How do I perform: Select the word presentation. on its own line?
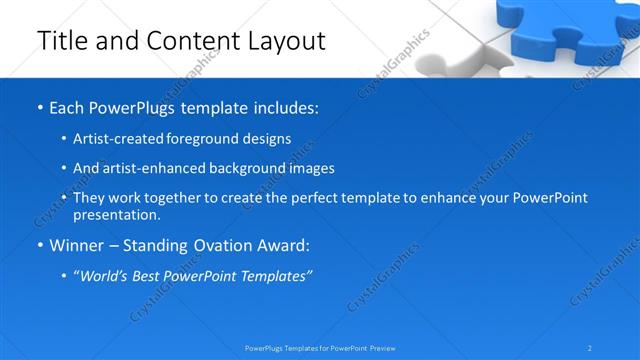(116, 215)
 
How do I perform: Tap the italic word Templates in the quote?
(273, 275)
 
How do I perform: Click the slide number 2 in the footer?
(590, 348)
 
